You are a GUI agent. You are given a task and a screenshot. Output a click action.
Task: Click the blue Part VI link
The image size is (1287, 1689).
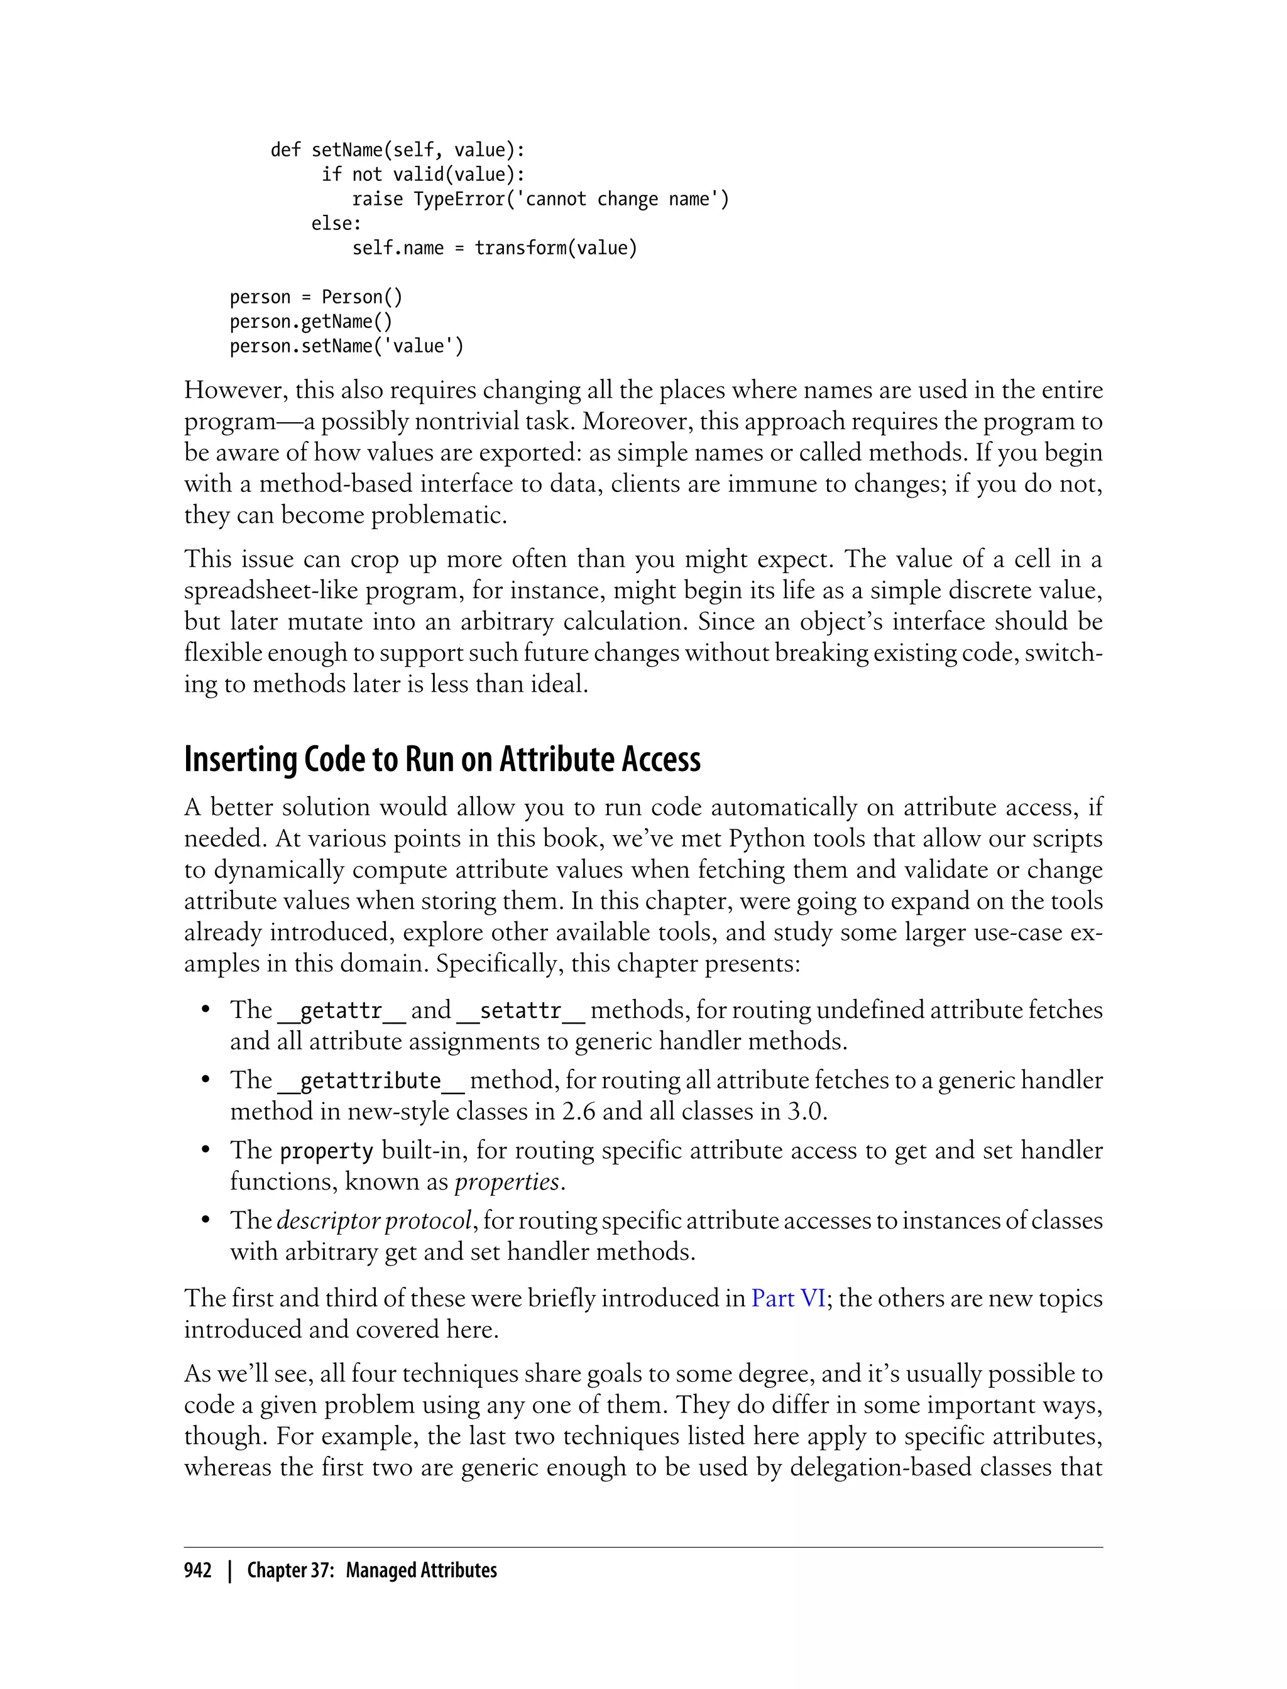coord(788,1298)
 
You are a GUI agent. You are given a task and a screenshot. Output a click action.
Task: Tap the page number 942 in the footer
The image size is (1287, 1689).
coord(198,1570)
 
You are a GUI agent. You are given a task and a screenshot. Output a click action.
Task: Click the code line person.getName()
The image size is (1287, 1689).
coord(311,322)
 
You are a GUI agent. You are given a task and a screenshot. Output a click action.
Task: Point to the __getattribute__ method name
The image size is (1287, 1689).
coord(371,1081)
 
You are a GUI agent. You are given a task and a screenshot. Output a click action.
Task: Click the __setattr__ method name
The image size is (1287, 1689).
coord(521,1011)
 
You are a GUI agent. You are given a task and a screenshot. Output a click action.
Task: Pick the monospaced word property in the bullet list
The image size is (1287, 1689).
coord(326,1151)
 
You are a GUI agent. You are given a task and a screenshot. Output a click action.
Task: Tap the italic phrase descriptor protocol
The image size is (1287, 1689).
coord(374,1221)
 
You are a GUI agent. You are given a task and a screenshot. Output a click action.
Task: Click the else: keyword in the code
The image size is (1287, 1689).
coord(336,224)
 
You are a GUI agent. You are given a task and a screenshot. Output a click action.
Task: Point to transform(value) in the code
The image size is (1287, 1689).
coord(556,248)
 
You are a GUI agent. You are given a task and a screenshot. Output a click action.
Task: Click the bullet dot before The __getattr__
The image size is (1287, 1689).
coord(205,1010)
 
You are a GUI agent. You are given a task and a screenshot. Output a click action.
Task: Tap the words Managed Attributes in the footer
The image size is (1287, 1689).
coord(421,1570)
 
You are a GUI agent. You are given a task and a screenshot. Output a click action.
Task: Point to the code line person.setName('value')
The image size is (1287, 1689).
coord(346,346)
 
